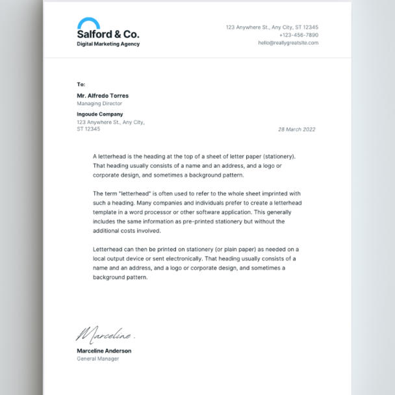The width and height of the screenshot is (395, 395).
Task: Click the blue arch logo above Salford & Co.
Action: [88, 23]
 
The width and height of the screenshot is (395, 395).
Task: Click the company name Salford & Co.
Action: [108, 34]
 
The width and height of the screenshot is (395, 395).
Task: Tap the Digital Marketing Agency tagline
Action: [108, 44]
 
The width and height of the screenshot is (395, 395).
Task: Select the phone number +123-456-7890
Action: [298, 35]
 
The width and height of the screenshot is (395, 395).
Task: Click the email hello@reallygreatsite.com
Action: [288, 43]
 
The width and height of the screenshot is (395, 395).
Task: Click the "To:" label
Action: [81, 84]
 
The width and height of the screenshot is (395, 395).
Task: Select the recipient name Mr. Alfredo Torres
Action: [103, 96]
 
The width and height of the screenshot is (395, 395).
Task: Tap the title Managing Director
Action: [99, 103]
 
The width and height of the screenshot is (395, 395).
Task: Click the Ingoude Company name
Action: [99, 114]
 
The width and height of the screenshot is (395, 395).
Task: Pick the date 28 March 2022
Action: [296, 129]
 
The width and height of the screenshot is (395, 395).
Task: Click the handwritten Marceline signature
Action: [104, 335]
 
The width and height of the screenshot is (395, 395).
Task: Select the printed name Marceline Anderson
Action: [104, 351]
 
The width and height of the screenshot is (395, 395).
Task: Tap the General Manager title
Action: [97, 359]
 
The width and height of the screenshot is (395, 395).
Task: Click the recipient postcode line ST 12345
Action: [88, 129]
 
